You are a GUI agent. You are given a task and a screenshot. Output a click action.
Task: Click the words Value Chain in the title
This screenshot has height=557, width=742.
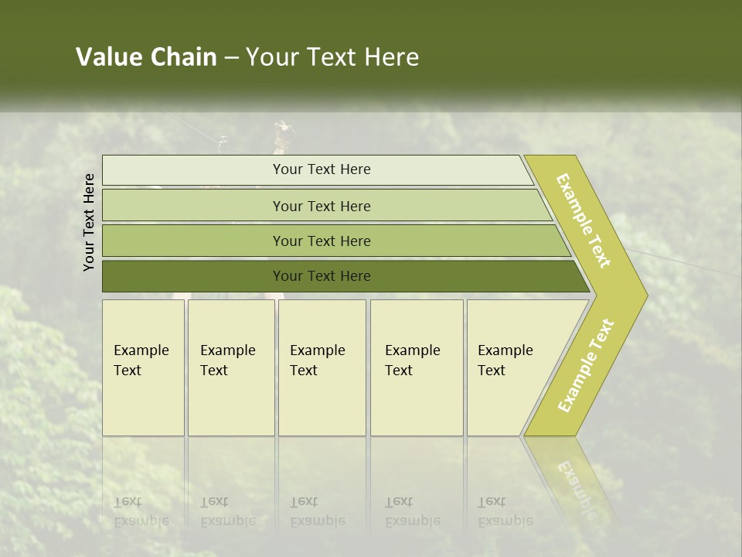(x=146, y=57)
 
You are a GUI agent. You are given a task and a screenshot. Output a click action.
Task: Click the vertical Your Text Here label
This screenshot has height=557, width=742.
(x=89, y=222)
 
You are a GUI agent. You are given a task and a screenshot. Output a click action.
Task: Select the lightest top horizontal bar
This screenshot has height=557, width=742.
(x=317, y=169)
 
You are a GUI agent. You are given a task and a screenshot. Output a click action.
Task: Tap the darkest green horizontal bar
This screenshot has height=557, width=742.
(x=340, y=276)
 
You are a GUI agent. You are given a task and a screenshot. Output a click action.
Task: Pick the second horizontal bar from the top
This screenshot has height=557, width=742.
(x=325, y=206)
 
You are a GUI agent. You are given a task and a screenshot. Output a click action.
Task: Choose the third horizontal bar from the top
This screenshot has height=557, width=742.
(x=332, y=241)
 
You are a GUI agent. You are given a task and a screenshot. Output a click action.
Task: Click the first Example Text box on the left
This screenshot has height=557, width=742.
(x=143, y=367)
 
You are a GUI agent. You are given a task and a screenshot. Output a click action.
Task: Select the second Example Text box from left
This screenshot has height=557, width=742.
(x=231, y=367)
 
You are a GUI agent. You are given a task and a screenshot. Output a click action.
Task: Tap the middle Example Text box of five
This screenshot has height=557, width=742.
(x=322, y=367)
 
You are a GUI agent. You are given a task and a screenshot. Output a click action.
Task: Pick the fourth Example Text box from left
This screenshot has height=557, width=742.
(x=417, y=367)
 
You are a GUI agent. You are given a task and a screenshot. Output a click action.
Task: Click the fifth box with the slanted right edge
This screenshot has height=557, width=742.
(x=510, y=367)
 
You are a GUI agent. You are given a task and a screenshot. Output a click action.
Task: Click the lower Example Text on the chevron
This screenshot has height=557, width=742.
(x=585, y=365)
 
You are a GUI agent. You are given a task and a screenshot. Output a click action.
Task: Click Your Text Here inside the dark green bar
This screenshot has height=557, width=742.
(x=322, y=276)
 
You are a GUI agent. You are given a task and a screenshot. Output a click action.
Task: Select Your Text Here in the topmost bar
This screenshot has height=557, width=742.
(x=322, y=169)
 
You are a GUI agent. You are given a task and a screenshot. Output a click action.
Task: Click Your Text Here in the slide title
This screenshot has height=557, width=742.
(x=332, y=57)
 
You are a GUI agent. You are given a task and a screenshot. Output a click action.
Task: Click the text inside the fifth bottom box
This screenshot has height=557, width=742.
(x=505, y=361)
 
